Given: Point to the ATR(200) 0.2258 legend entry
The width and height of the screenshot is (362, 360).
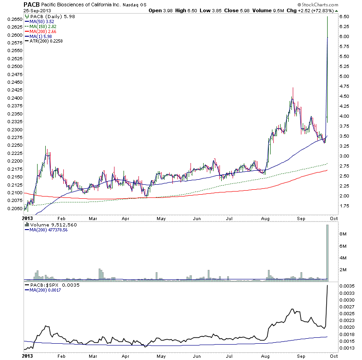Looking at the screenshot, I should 46,41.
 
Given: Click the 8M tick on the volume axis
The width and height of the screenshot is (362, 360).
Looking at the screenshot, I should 343,235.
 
